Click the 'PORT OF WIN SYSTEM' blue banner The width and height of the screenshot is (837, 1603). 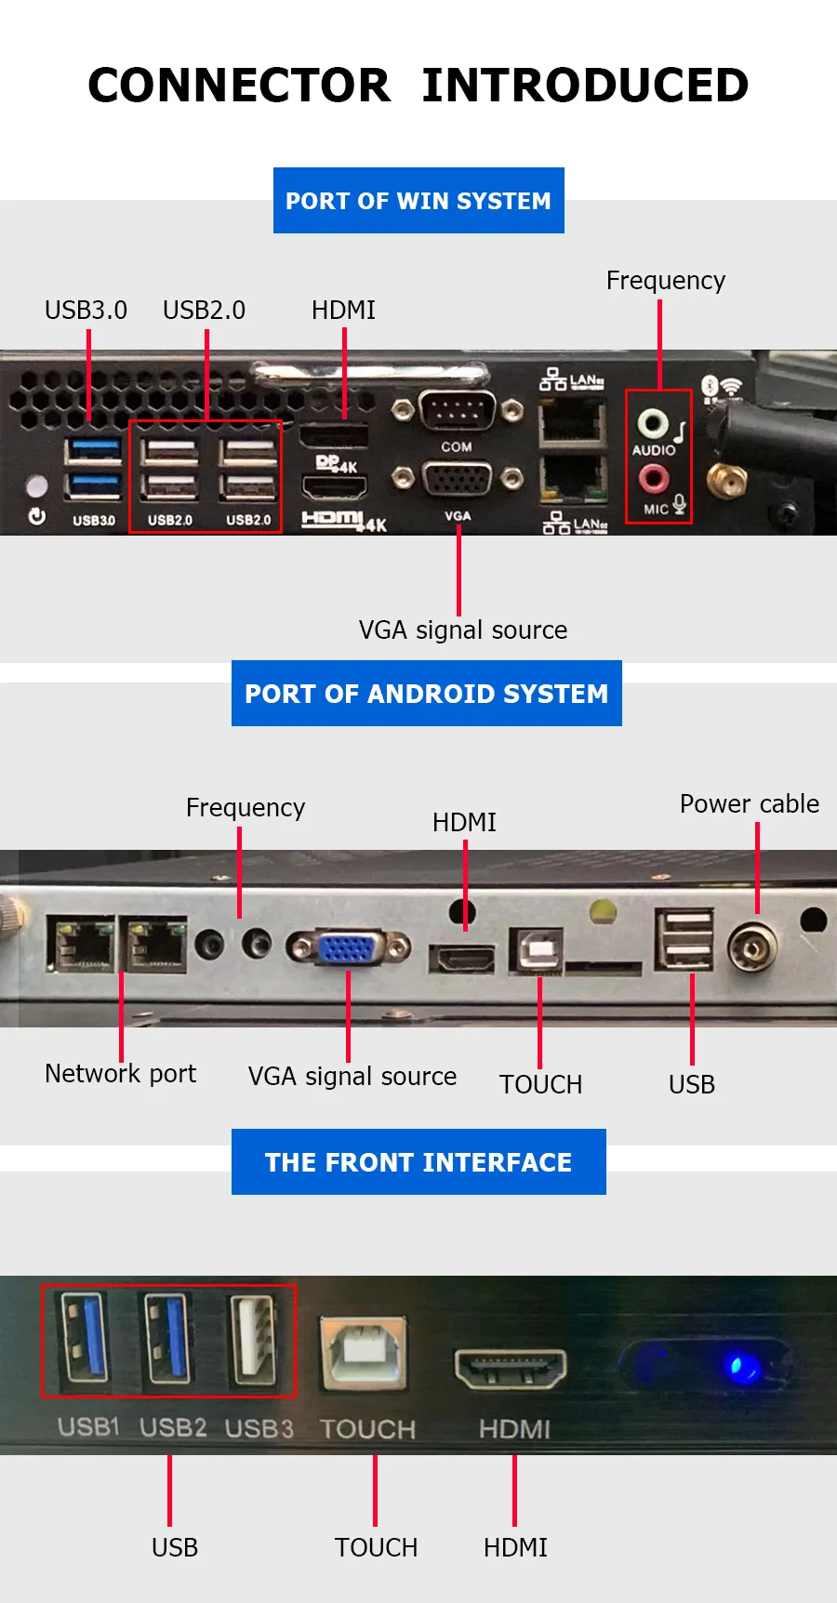pos(418,201)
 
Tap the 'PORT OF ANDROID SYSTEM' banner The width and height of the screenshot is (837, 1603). pos(426,694)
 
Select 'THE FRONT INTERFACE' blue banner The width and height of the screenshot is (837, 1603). pos(418,1162)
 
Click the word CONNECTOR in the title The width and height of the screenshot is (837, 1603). pos(239,86)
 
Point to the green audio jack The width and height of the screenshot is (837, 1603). pos(652,424)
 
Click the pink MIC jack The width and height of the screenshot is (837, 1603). pos(653,478)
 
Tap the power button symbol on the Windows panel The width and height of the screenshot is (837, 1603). pos(37,516)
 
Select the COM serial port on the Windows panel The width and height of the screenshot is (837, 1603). pos(457,409)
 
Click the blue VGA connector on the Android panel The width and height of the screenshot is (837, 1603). pos(348,947)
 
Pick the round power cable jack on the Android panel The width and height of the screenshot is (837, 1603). pos(752,947)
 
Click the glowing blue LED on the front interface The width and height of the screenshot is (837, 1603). pos(741,1368)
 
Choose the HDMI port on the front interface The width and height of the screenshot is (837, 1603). pos(511,1368)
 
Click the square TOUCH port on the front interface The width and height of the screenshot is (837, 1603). pos(363,1353)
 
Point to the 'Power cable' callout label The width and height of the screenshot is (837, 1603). pos(750,803)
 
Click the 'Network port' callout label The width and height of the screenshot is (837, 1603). pos(121,1074)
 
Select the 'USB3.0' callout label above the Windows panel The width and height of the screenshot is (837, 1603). pos(86,310)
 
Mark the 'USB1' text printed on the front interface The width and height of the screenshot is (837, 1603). pos(88,1426)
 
